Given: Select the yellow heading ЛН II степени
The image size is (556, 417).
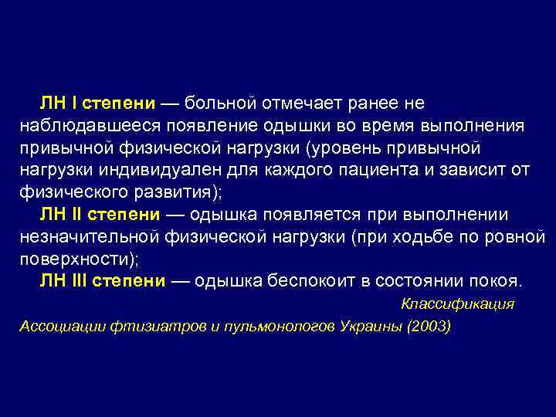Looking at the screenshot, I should pos(101,214).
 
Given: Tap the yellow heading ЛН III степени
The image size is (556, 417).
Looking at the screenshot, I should pos(103,280).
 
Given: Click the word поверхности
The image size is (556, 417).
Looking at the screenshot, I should pos(74,258).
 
